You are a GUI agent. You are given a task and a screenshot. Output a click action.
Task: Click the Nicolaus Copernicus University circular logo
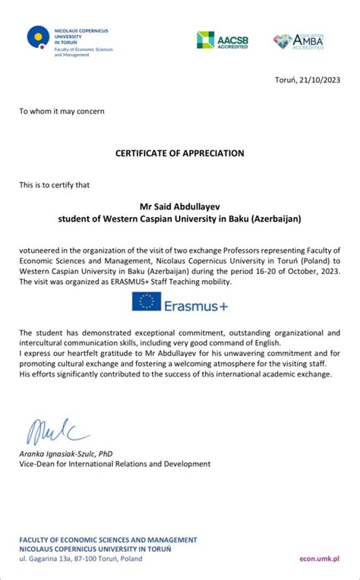pyautogui.click(x=38, y=36)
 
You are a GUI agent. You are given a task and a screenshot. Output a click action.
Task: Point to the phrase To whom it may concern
pyautogui.click(x=62, y=112)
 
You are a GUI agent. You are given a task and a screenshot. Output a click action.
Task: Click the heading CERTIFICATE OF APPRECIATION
pyautogui.click(x=180, y=153)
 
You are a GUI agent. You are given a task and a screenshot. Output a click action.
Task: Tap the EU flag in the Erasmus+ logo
pyautogui.click(x=146, y=301)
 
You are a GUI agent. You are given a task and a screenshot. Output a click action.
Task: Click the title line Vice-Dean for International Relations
pyautogui.click(x=115, y=464)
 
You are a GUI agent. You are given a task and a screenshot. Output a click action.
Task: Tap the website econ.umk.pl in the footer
pyautogui.click(x=318, y=559)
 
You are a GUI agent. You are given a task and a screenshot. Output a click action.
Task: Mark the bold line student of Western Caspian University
pyautogui.click(x=180, y=219)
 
